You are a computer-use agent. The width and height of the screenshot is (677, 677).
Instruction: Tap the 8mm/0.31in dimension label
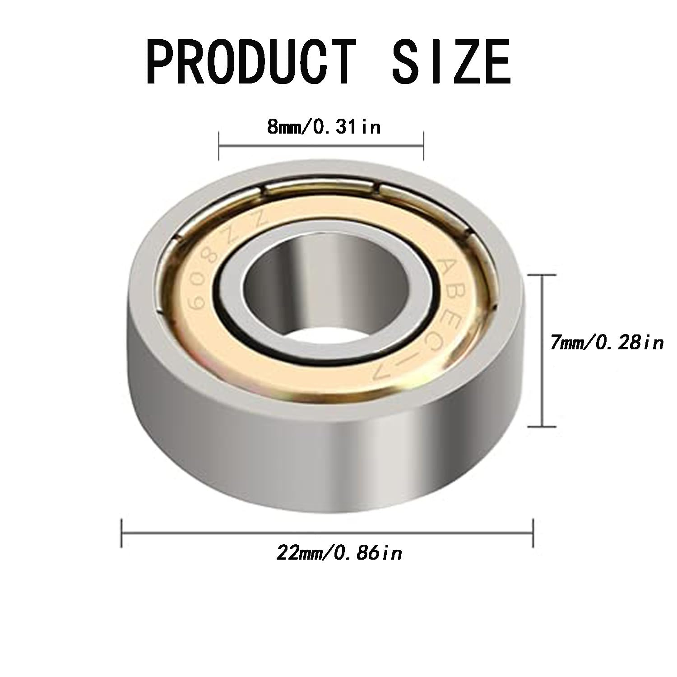tap(324, 128)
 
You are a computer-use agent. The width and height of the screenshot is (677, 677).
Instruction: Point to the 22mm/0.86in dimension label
tap(339, 553)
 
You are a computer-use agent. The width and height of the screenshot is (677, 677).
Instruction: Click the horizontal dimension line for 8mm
tap(321, 146)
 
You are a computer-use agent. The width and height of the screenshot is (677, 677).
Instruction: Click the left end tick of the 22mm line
tap(122, 533)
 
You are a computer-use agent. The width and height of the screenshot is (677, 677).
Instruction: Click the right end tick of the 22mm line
tap(533, 533)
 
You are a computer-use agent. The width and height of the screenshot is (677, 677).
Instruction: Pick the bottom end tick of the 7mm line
tap(542, 426)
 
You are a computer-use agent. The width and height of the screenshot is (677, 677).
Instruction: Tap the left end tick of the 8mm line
tap(219, 146)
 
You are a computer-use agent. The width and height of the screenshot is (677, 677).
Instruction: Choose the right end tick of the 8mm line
tap(423, 146)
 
